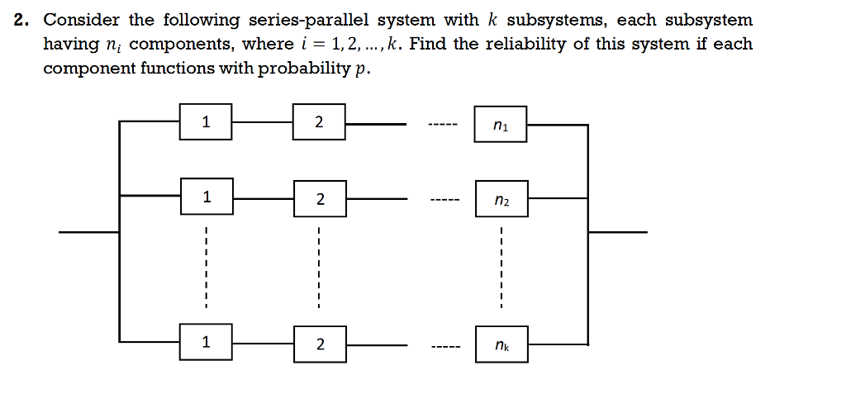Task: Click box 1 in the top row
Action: (x=206, y=124)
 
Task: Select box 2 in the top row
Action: (x=319, y=124)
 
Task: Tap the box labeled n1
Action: (x=501, y=126)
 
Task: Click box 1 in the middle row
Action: (x=206, y=197)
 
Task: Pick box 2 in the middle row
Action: (x=319, y=199)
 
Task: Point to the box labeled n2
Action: (x=501, y=200)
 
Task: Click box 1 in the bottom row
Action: (x=206, y=340)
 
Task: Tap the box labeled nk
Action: (x=501, y=344)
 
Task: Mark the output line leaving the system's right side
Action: (x=617, y=232)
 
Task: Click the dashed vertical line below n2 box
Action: (x=501, y=264)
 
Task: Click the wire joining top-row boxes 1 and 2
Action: (x=262, y=122)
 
